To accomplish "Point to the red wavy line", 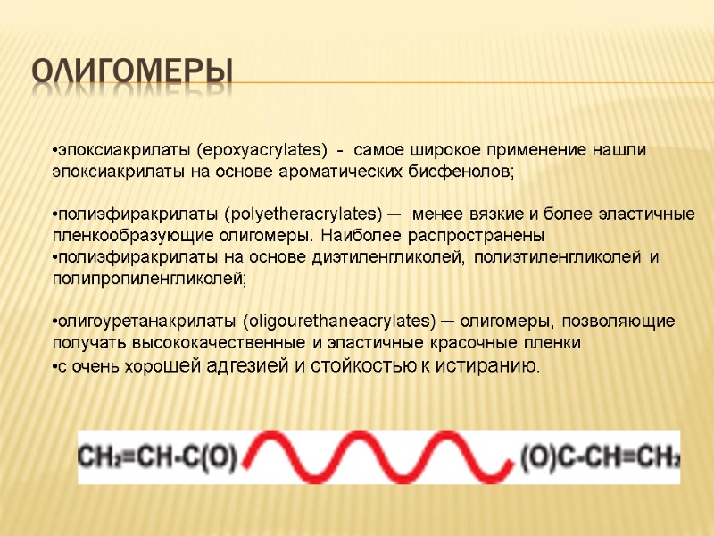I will (x=378, y=456).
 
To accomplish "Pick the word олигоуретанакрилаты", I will (x=145, y=321).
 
